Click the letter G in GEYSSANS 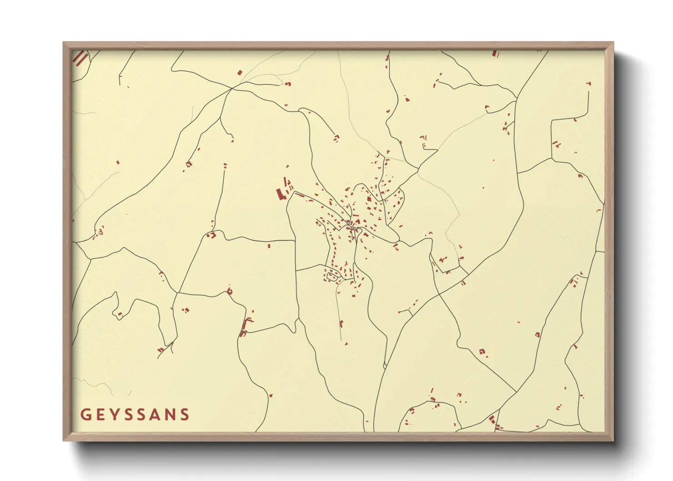85,415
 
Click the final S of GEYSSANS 184,415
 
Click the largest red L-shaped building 280,194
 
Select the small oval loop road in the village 332,275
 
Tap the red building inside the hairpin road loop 120,314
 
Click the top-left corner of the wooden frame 64,43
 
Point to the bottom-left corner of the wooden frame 64,440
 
